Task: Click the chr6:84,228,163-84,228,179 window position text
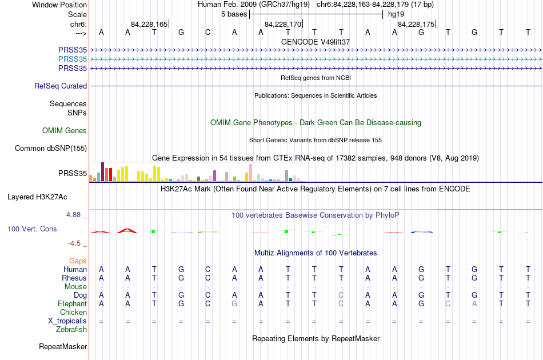[x=375, y=5]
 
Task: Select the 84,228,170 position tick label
[x=283, y=24]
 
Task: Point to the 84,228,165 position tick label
[x=149, y=24]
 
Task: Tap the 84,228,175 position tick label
[x=416, y=24]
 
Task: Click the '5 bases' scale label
[x=234, y=14]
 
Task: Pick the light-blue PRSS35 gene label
[x=73, y=59]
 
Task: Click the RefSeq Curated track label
[x=61, y=86]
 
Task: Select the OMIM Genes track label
[x=65, y=130]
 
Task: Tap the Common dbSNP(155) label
[x=51, y=148]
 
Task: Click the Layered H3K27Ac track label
[x=37, y=197]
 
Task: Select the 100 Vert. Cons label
[x=32, y=229]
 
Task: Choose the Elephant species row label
[x=73, y=303]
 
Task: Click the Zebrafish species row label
[x=71, y=329]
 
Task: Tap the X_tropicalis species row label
[x=67, y=321]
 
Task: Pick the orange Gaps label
[x=78, y=261]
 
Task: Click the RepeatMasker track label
[x=63, y=346]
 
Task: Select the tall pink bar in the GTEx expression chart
[x=250, y=173]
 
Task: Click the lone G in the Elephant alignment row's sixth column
[x=234, y=303]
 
